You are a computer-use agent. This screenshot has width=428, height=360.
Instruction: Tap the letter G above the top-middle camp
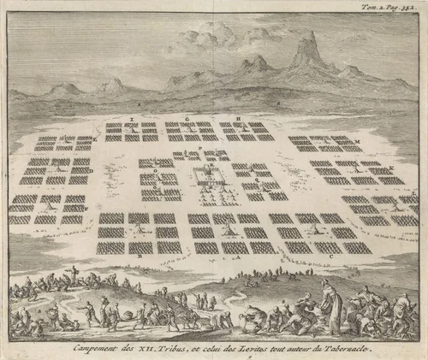coord(187,117)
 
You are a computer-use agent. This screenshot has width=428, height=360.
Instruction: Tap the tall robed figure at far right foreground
coord(326,295)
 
